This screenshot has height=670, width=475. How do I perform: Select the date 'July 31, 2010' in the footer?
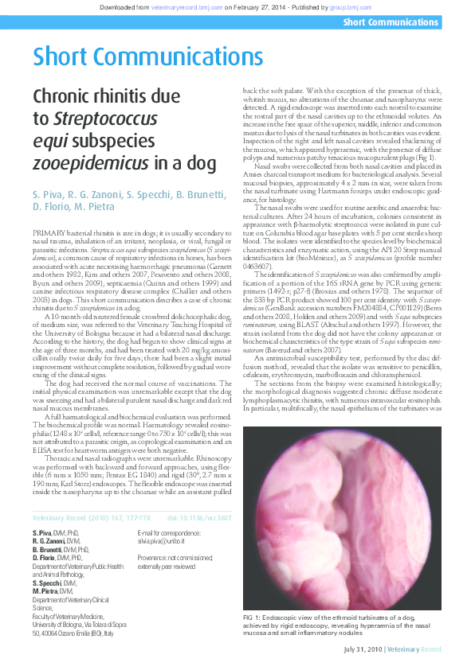(363, 649)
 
